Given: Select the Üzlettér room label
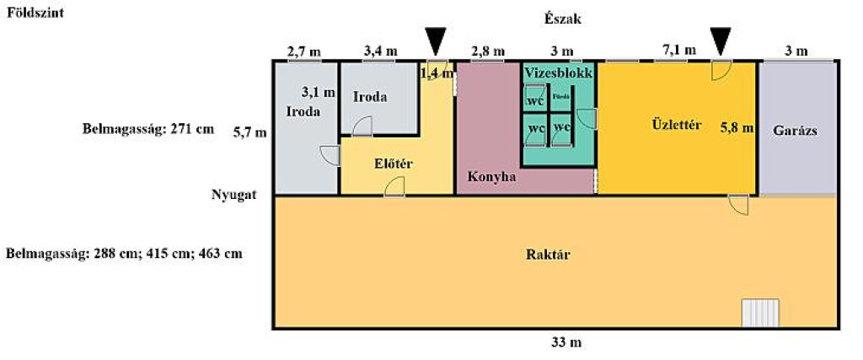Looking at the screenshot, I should pyautogui.click(x=677, y=123).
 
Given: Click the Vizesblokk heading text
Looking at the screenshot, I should pyautogui.click(x=558, y=73).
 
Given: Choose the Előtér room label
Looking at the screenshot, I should pyautogui.click(x=393, y=164).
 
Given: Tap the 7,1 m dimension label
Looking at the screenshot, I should pyautogui.click(x=678, y=50).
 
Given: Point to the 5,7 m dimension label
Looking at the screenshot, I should pyautogui.click(x=250, y=132).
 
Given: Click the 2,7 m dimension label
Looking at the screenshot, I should pyautogui.click(x=303, y=51).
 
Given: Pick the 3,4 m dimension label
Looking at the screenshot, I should pyautogui.click(x=379, y=51).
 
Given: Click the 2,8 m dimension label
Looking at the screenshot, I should pyautogui.click(x=487, y=51).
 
